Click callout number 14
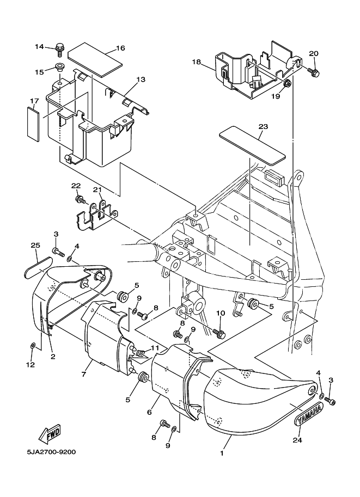[x=39, y=47]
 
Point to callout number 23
[x=263, y=126]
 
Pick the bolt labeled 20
[x=314, y=72]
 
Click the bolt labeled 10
[x=219, y=333]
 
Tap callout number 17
[x=34, y=101]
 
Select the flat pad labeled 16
[x=95, y=59]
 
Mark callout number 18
[x=197, y=62]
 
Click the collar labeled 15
[x=59, y=68]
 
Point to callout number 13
[x=141, y=79]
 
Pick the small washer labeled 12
[x=33, y=345]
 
